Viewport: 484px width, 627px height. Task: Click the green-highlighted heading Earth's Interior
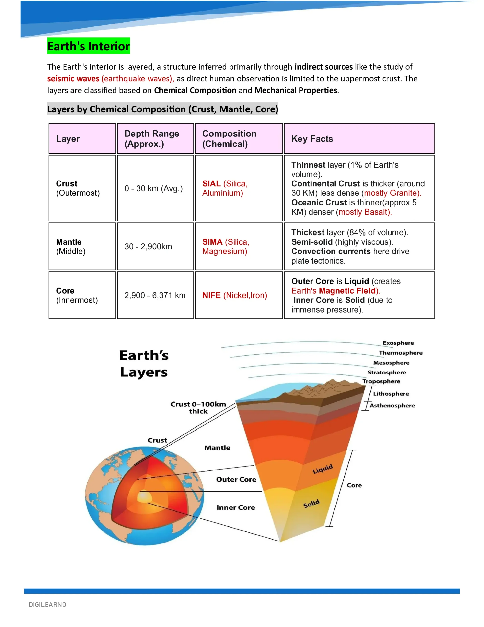(88, 46)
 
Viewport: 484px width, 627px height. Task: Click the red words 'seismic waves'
(73, 79)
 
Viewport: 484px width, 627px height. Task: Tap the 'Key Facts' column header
(312, 139)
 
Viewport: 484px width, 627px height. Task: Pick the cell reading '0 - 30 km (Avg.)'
(153, 188)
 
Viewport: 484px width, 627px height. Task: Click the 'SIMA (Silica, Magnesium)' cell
(226, 246)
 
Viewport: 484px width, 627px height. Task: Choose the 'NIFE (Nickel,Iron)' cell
(234, 295)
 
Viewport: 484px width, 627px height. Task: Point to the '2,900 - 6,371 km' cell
(155, 295)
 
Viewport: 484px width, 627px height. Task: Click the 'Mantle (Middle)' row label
(70, 246)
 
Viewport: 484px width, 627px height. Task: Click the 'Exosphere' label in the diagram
(398, 343)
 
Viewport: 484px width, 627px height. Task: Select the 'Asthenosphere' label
(392, 405)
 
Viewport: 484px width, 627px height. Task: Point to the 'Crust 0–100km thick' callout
(198, 407)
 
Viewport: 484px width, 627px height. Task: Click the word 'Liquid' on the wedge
(323, 469)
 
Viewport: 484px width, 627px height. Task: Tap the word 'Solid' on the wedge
(311, 504)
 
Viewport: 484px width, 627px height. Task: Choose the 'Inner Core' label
(236, 507)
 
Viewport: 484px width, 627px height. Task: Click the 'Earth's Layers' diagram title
(144, 363)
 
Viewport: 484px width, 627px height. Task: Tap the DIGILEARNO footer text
(48, 605)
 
